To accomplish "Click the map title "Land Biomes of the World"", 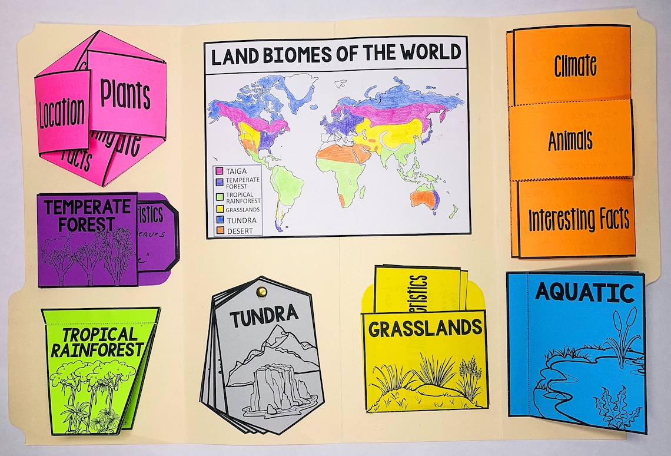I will coord(336,54).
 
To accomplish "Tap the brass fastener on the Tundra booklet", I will coord(261,291).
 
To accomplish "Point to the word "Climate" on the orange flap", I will coord(575,66).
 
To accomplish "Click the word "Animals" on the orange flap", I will coord(570,141).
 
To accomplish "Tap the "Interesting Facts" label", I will coord(578,220).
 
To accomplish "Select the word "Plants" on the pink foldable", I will coord(125,94).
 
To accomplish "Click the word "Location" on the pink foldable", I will coord(62,114).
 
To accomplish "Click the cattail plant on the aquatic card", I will coord(626,336).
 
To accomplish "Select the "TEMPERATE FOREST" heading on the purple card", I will coord(87,214).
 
